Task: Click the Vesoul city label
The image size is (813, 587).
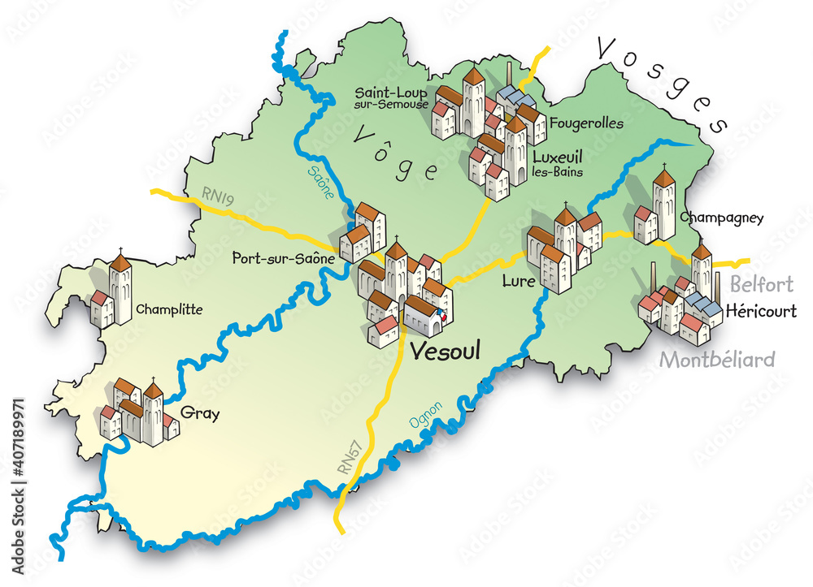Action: tap(445, 351)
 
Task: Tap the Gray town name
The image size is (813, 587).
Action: tap(201, 413)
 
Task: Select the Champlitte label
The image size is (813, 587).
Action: tap(169, 309)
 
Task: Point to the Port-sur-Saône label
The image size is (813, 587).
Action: tap(283, 259)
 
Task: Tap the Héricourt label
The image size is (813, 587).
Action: tap(760, 311)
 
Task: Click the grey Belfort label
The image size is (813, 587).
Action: tap(761, 284)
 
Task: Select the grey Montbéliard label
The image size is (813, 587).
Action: tap(717, 359)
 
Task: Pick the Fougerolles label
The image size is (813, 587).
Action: tap(586, 124)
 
